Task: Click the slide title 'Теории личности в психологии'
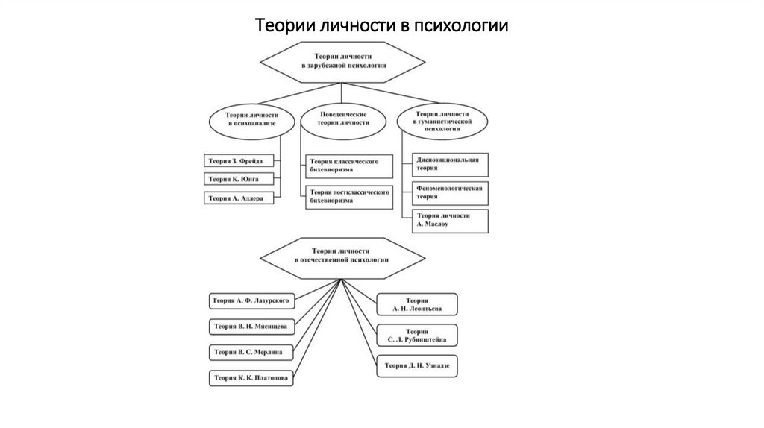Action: click(381, 25)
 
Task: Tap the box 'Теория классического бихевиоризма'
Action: click(348, 166)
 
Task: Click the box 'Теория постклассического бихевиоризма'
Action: click(348, 196)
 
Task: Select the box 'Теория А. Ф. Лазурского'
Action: click(250, 300)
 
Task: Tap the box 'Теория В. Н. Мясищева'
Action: click(250, 326)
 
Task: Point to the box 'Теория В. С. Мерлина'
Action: click(250, 351)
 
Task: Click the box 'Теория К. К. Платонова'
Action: click(250, 377)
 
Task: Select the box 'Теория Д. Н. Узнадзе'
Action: click(417, 365)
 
